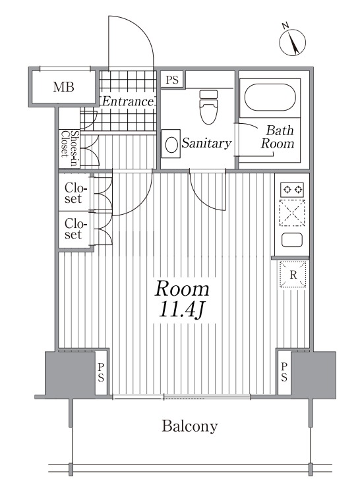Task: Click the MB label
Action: [x=63, y=87]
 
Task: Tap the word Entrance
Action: [x=128, y=101]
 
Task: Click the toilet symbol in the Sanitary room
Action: [x=208, y=107]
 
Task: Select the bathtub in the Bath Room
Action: [x=270, y=98]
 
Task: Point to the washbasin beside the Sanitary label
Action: [x=171, y=144]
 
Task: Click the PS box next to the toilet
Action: [x=172, y=80]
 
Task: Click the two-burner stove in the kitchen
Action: [x=293, y=190]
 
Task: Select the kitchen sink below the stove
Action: [x=292, y=240]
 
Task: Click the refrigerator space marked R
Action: [x=293, y=275]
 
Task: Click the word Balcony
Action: [x=190, y=426]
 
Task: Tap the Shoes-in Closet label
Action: [x=69, y=148]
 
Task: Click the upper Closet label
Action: [x=73, y=193]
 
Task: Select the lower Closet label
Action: [x=73, y=229]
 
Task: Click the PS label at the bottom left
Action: [x=101, y=372]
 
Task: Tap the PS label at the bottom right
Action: [x=284, y=372]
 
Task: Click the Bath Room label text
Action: [x=278, y=137]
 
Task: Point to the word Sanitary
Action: [x=207, y=143]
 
